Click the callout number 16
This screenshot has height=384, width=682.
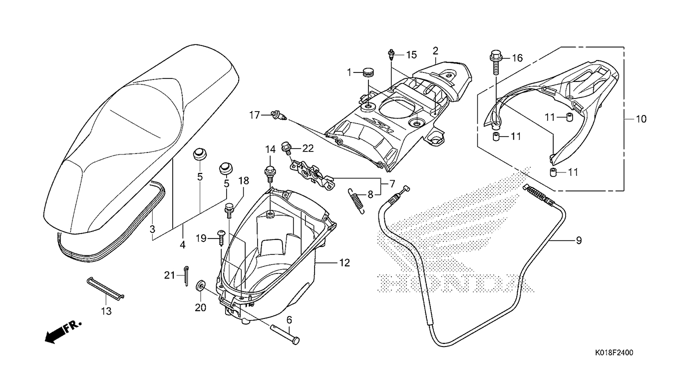point(517,57)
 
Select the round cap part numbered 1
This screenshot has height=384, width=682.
point(368,73)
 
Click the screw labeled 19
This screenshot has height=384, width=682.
point(221,238)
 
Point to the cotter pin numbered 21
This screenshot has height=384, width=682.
point(186,276)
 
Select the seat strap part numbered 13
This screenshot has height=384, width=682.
point(105,287)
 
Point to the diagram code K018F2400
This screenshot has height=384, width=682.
point(614,353)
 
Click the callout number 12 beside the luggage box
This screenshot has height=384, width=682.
point(344,262)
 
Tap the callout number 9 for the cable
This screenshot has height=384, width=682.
point(579,240)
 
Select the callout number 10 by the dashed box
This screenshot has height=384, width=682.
point(641,118)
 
